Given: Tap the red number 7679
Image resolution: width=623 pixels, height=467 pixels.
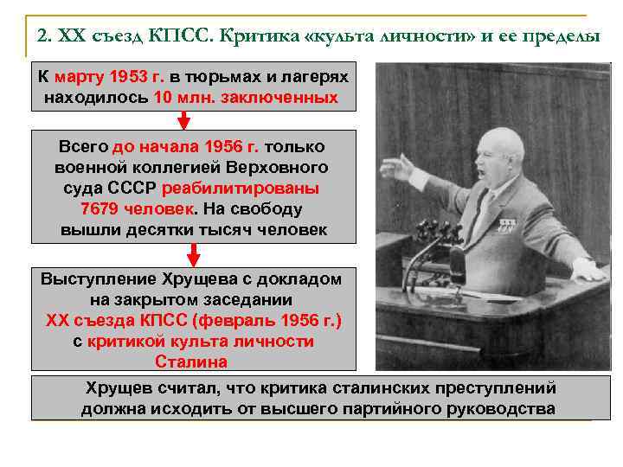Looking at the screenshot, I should point(105,209).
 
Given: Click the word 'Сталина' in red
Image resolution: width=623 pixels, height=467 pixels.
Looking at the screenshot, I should point(192,361).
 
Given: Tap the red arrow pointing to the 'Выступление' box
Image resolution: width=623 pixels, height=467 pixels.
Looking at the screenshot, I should point(194,254).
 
